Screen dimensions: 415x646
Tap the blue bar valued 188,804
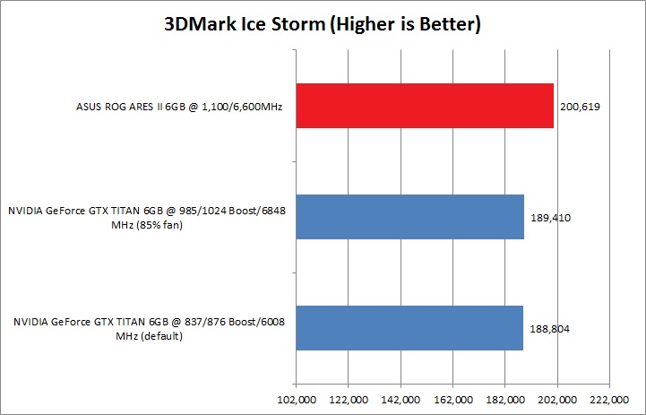tap(409, 327)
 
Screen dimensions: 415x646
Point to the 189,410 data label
tap(548, 217)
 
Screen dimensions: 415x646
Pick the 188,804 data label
tap(547, 328)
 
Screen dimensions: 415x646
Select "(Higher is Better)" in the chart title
tap(407, 24)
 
